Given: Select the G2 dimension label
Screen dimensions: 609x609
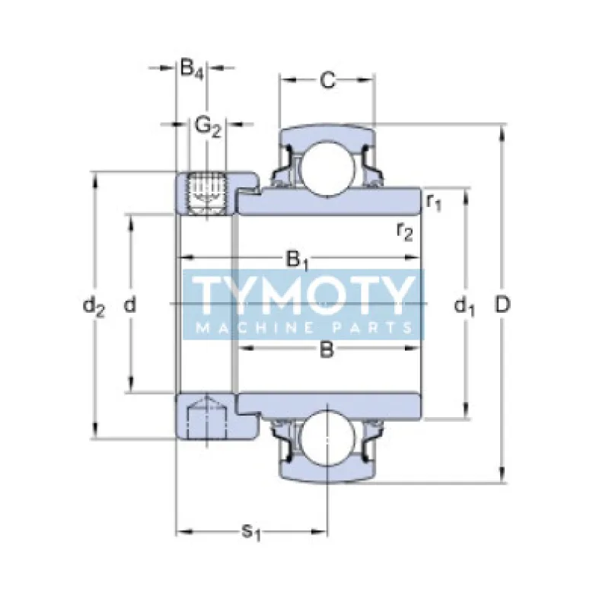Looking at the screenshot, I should [x=207, y=125].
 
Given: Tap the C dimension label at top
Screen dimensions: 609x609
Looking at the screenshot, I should [x=327, y=80].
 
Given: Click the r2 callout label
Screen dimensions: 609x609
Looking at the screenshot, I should [x=404, y=230].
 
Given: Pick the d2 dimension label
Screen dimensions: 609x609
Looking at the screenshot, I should [x=94, y=306].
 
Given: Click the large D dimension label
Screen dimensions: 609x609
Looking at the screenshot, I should [x=502, y=304].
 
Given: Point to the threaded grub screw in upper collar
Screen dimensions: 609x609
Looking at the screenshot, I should [x=204, y=190].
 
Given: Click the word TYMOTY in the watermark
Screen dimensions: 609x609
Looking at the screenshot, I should [x=303, y=294].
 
